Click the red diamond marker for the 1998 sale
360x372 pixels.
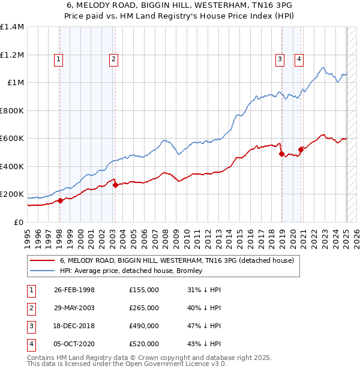pos(60,201)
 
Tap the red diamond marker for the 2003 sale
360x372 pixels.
pos(115,185)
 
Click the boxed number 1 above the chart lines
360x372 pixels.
pos(58,59)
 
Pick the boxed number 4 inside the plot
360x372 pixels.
pos(298,59)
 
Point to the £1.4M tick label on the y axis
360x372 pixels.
pos(12,27)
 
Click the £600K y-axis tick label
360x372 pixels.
pos(12,139)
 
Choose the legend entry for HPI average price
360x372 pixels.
pos(131,271)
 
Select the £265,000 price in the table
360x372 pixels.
pos(144,308)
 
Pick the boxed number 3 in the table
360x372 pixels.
pos(31,326)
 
